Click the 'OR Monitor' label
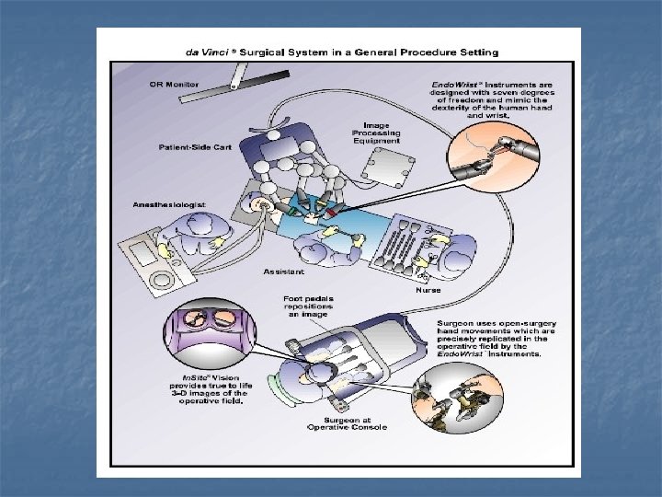click(175, 86)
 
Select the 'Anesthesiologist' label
click(170, 203)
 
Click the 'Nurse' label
click(428, 289)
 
